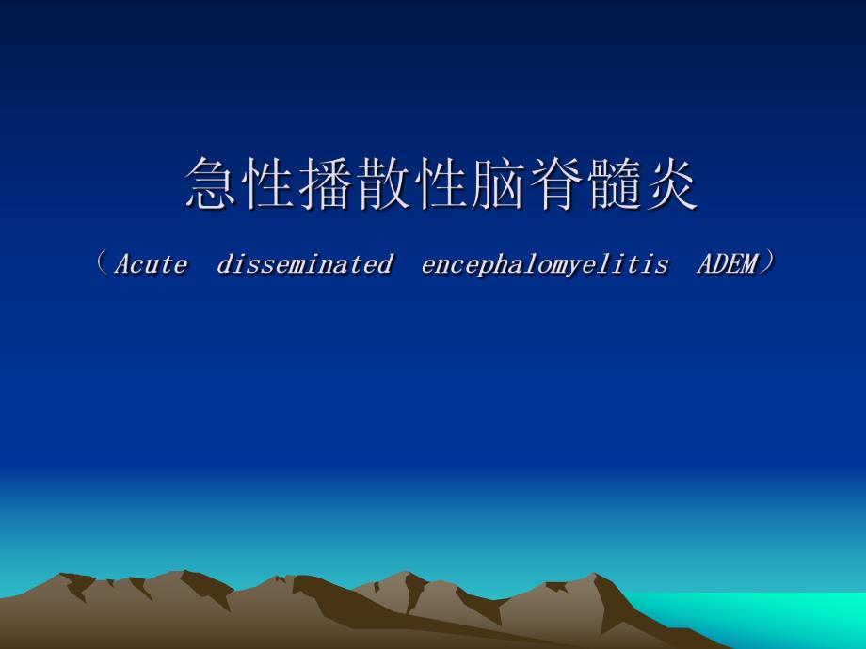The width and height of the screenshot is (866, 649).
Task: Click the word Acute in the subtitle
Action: pos(151,264)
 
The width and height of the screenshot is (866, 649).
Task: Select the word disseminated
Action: pos(304,264)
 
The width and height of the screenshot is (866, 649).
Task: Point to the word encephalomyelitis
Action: pos(545,264)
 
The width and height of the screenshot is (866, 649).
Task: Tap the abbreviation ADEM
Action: pos(727,264)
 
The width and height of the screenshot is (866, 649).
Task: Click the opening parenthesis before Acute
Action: pos(103,263)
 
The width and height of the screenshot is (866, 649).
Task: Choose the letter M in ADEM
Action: pos(748,264)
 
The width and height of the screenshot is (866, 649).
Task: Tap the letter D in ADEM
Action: pos(719,264)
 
